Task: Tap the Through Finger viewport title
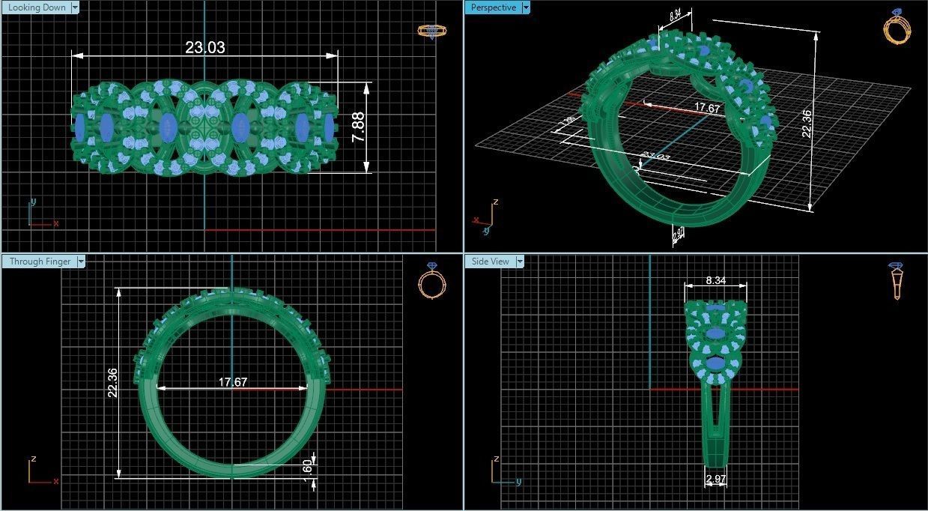pyautogui.click(x=40, y=261)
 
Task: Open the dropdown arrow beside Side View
pyautogui.click(x=519, y=261)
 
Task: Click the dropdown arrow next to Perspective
pyautogui.click(x=526, y=7)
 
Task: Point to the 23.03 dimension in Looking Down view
pyautogui.click(x=204, y=48)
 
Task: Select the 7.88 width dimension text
pyautogui.click(x=359, y=127)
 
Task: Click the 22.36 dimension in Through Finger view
pyautogui.click(x=112, y=382)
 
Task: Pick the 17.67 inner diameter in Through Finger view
pyautogui.click(x=232, y=382)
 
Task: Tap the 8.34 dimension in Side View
pyautogui.click(x=715, y=280)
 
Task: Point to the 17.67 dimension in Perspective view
pyautogui.click(x=706, y=108)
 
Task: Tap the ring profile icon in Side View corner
pyautogui.click(x=897, y=281)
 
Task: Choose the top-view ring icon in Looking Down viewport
pyautogui.click(x=431, y=31)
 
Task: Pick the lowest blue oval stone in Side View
pyautogui.click(x=716, y=363)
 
